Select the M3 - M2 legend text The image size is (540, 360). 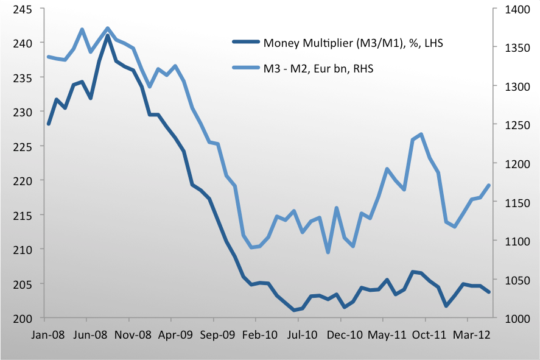pos(318,69)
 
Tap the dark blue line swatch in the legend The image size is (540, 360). pos(246,43)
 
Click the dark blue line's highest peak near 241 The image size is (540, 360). pos(108,35)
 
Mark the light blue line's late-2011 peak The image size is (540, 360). pos(421,134)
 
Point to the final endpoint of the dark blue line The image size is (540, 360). pos(489,292)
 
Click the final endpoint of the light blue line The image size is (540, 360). pos(489,185)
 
